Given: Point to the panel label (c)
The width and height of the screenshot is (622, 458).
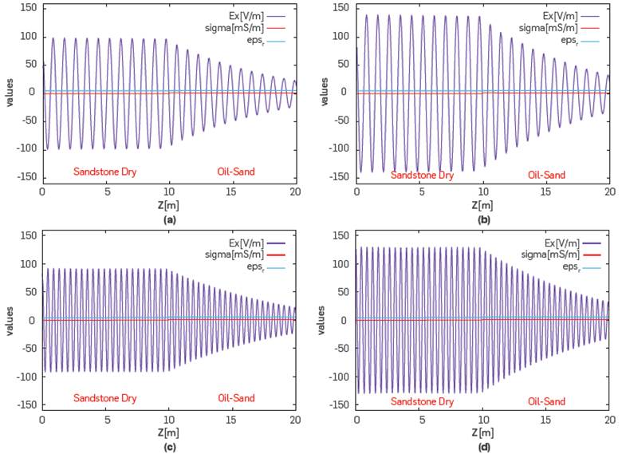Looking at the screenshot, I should (168, 445).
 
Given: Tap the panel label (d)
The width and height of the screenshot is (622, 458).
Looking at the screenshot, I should (482, 445).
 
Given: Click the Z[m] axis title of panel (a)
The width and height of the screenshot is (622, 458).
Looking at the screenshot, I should (168, 205).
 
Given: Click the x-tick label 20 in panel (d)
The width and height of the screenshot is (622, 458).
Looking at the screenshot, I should (609, 419).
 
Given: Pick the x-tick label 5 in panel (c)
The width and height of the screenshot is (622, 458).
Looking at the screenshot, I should (105, 419).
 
